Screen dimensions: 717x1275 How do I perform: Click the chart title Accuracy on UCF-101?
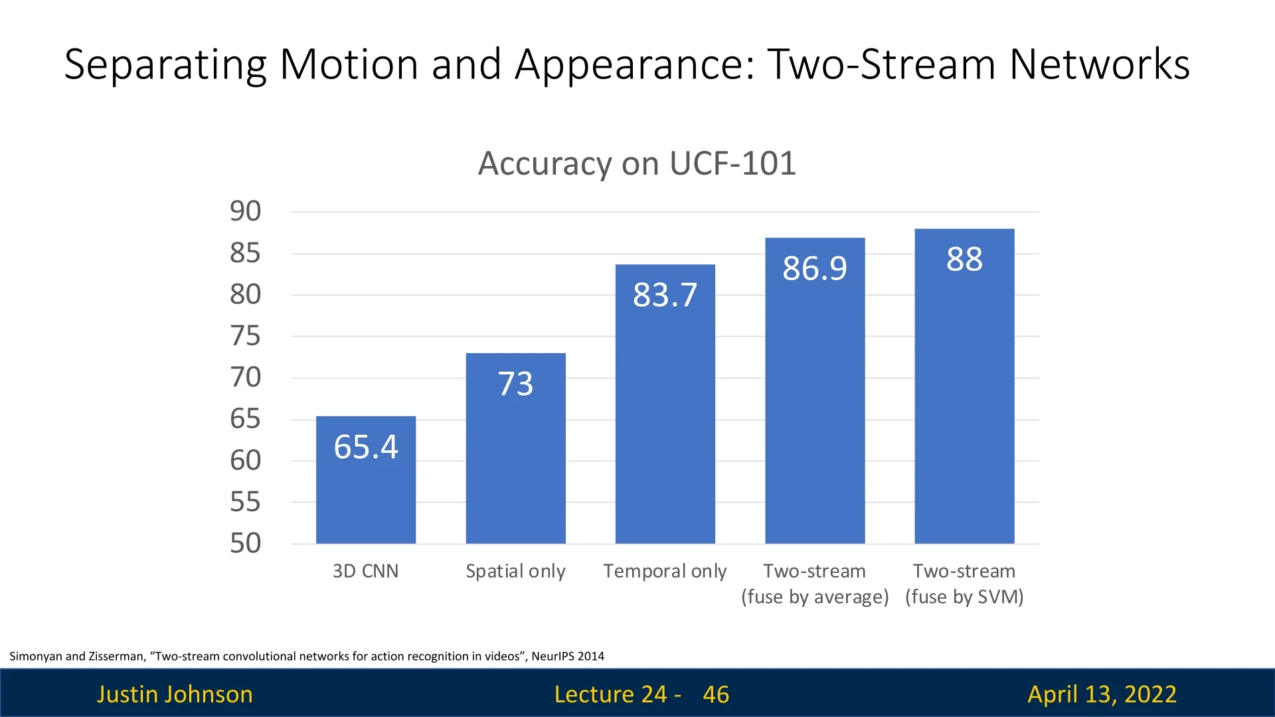click(637, 163)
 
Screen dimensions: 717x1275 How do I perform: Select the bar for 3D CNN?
click(366, 491)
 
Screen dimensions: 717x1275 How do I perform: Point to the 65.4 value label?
click(366, 446)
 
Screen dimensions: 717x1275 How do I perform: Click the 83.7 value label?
click(665, 295)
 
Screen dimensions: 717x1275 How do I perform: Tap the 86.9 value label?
click(815, 268)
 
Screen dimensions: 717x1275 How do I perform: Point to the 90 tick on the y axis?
click(245, 211)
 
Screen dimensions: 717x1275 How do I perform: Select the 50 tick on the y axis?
click(245, 543)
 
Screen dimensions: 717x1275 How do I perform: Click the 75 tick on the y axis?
click(245, 336)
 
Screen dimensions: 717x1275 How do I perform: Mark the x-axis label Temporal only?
click(665, 571)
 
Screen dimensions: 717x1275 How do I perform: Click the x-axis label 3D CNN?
click(365, 571)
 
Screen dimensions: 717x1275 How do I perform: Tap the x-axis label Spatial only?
click(515, 571)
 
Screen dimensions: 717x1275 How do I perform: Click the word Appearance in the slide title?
click(635, 64)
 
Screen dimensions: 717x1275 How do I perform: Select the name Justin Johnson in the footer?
click(175, 694)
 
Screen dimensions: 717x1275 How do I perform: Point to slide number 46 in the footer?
click(716, 694)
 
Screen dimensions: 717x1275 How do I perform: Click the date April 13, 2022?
click(1102, 694)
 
